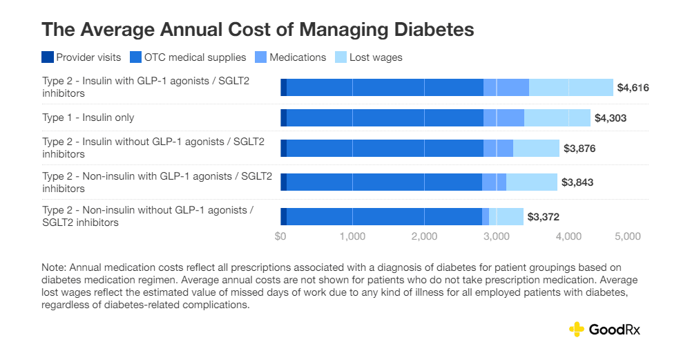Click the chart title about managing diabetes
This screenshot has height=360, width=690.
tap(258, 30)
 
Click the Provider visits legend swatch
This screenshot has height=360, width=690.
tap(48, 57)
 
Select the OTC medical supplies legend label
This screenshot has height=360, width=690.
tap(198, 57)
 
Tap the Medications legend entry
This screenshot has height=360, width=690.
tap(298, 57)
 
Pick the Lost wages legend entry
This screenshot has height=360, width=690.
tap(376, 57)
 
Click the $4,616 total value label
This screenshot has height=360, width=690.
tap(633, 88)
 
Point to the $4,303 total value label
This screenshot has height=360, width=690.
tap(610, 118)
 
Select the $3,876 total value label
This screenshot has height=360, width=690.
tap(579, 148)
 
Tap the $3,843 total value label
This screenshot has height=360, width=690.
tap(577, 182)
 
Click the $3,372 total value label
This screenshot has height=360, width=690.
tap(543, 217)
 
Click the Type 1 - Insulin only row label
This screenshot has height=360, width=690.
tap(88, 117)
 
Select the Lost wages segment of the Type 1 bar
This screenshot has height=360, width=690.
tap(557, 118)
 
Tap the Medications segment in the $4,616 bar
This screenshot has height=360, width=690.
tap(506, 88)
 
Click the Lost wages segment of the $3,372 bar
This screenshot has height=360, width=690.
tap(506, 217)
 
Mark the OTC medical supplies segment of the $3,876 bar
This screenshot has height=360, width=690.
tap(385, 148)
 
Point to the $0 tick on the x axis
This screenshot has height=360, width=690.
tap(280, 236)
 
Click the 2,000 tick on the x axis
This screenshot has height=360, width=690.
tap(424, 236)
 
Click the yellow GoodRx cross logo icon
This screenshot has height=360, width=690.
tap(576, 330)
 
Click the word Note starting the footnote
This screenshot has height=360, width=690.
tap(53, 267)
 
